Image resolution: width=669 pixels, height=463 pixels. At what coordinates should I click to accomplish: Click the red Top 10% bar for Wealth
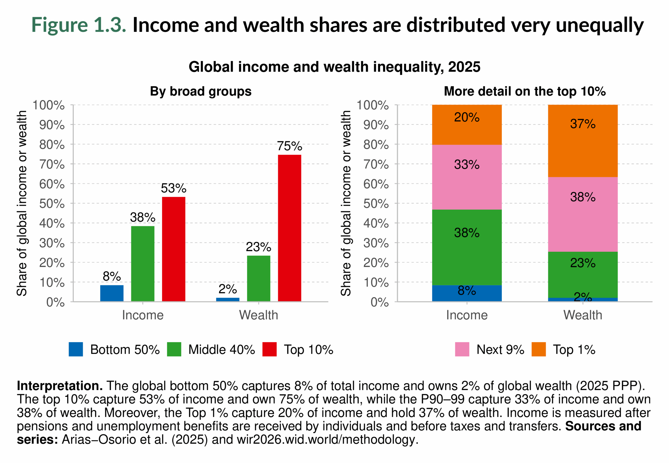click(289, 228)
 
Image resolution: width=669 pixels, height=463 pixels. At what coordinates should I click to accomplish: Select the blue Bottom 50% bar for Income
click(112, 293)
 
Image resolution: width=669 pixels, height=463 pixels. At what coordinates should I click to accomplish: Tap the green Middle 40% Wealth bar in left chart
click(258, 278)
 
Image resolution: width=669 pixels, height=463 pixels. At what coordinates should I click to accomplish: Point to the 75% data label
click(289, 146)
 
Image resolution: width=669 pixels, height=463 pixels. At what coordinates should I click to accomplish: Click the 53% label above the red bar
click(174, 188)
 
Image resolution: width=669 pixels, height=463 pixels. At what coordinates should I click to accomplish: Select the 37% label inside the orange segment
click(582, 124)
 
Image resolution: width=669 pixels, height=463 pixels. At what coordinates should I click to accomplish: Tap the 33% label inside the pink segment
click(466, 164)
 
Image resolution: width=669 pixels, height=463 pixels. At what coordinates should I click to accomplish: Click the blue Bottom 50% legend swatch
click(76, 349)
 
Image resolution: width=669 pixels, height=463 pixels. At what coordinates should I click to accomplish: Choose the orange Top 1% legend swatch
click(539, 349)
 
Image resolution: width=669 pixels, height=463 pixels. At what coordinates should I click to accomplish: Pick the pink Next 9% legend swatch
click(462, 349)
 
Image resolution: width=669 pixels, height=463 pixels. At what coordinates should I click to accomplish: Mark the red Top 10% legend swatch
click(269, 349)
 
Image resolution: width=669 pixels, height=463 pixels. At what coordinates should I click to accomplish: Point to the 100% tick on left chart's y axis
click(49, 105)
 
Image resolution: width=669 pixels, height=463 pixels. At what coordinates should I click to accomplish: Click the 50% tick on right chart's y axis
click(376, 204)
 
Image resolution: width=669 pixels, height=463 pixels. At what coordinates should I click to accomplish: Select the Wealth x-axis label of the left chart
click(258, 315)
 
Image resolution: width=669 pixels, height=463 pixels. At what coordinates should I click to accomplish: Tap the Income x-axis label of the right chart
click(466, 315)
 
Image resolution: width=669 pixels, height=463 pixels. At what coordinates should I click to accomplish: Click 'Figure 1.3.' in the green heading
click(79, 25)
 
